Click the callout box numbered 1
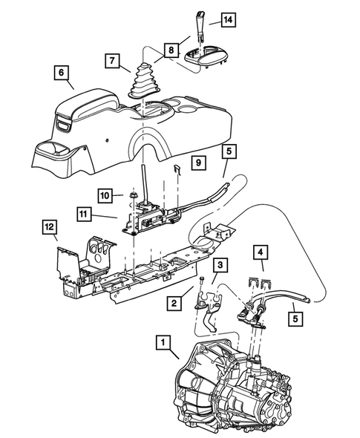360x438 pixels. pos(162,343)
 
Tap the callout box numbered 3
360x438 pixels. pos(220,264)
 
